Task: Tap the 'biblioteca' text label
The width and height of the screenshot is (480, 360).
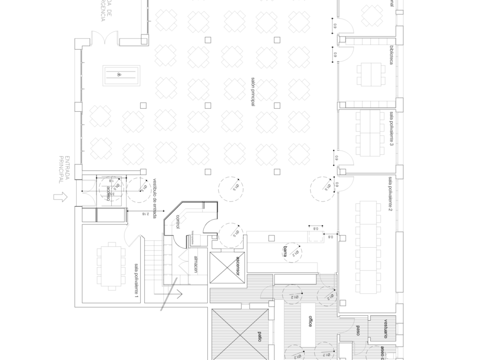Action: pos(391,56)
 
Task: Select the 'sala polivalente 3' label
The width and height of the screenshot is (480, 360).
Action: pos(391,129)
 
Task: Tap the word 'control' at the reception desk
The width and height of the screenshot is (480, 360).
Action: pos(177,222)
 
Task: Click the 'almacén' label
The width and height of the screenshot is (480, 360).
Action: pos(195,264)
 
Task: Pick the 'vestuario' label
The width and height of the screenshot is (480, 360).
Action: pos(385,329)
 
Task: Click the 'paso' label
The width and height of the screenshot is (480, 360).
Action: pos(358,330)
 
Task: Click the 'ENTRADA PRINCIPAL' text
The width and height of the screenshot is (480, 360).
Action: pos(64,169)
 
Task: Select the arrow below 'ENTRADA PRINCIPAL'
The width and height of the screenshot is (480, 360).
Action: pos(60,197)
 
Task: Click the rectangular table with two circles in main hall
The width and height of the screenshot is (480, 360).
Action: pos(121,75)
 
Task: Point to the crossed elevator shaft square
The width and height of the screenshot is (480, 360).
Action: pos(227,267)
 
